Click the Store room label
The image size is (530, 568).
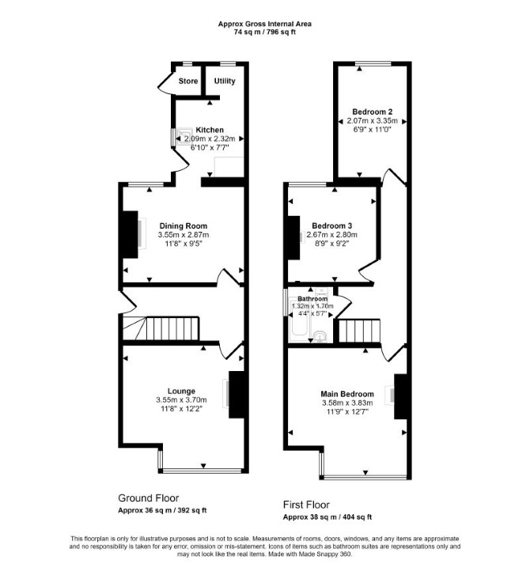(x=188, y=81)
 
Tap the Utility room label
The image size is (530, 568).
(x=225, y=81)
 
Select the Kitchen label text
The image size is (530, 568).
(x=210, y=130)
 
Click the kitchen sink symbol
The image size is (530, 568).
(x=184, y=136)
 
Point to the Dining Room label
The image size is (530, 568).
(x=184, y=226)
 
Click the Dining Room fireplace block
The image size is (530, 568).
(x=131, y=234)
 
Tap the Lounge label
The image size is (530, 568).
(x=181, y=392)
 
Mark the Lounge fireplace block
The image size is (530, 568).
(x=237, y=395)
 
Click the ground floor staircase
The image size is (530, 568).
(x=161, y=328)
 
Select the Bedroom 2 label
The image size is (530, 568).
(x=373, y=112)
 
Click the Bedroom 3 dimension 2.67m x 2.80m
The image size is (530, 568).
(x=331, y=235)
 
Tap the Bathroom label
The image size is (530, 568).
(x=312, y=299)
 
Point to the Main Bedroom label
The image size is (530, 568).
(x=347, y=394)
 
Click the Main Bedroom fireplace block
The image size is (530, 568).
(x=401, y=396)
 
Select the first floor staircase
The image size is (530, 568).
(x=359, y=331)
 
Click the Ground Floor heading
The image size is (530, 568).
(x=149, y=498)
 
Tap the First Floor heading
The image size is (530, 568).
(x=306, y=505)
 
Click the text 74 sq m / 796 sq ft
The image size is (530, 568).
(x=265, y=32)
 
